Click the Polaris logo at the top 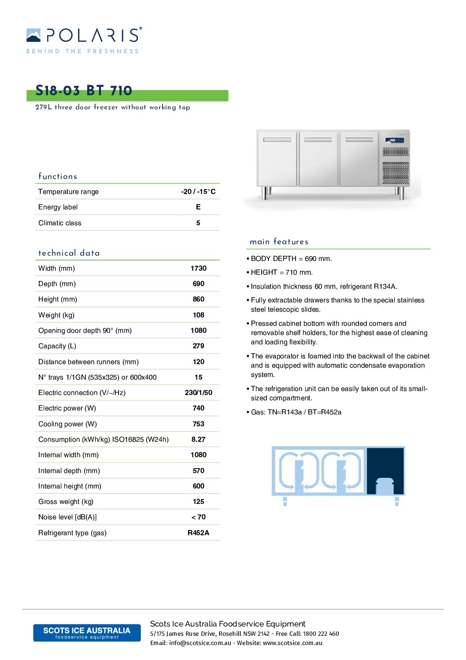pyautogui.click(x=84, y=40)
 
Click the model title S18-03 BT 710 pyautogui.click(x=84, y=91)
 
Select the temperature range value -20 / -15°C pyautogui.click(x=198, y=191)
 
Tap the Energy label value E pyautogui.click(x=198, y=207)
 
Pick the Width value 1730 pyautogui.click(x=198, y=268)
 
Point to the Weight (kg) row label pyautogui.click(x=56, y=315)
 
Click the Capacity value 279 pyautogui.click(x=198, y=346)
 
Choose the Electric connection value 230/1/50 pyautogui.click(x=198, y=392)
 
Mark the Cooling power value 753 pyautogui.click(x=198, y=424)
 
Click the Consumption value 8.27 pyautogui.click(x=198, y=439)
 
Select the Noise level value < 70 pyautogui.click(x=198, y=517)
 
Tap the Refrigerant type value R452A pyautogui.click(x=198, y=533)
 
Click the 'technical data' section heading pyautogui.click(x=69, y=253)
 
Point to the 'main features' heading pyautogui.click(x=279, y=242)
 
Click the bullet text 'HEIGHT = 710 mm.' pyautogui.click(x=281, y=272)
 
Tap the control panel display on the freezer pyautogui.click(x=395, y=140)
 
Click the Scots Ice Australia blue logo pyautogui.click(x=87, y=633)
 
